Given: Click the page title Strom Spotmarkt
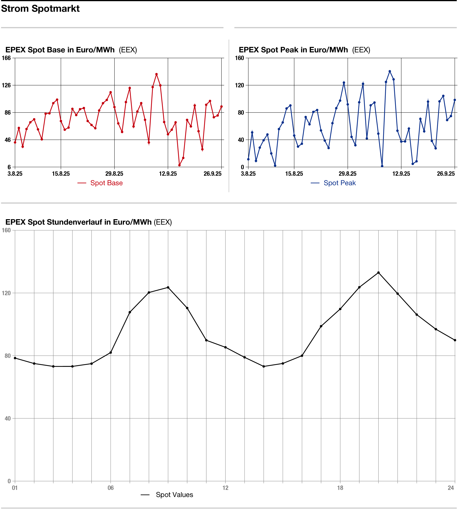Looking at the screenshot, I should coord(40,9).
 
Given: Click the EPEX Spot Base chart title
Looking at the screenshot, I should coord(71,50).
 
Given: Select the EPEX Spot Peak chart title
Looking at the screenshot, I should coord(304,50).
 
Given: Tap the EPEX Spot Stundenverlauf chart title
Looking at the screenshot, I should coord(88,222).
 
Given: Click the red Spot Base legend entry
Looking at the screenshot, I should coord(106,183).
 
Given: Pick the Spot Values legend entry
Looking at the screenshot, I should coord(174,495).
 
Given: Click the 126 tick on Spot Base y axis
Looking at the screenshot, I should coord(6,85).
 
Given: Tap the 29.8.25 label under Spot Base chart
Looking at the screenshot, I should coord(114,174).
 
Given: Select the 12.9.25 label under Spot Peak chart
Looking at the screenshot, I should coord(401,174).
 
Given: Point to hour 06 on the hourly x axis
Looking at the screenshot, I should coord(111,488).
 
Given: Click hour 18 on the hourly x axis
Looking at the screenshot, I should coord(340,488).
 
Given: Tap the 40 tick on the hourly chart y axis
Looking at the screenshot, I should coord(8,418).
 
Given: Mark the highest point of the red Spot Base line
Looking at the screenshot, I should coord(156,74).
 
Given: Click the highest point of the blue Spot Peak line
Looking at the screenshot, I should coord(390,71).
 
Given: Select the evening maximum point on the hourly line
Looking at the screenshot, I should coord(378,272).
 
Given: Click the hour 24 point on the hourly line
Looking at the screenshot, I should coord(455,340).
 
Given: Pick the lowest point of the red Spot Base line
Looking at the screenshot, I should coord(179,165).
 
